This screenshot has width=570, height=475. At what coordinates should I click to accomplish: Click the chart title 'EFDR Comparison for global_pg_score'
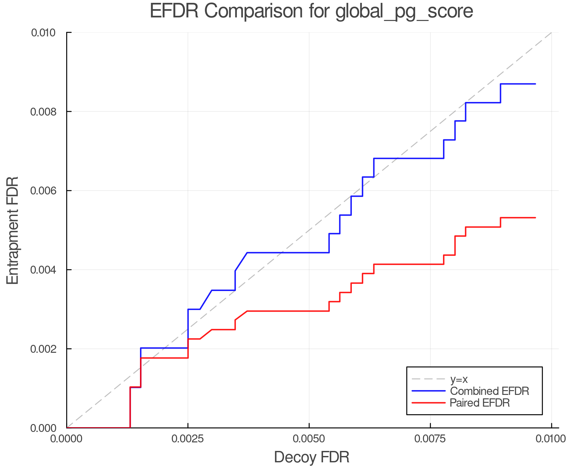click(311, 11)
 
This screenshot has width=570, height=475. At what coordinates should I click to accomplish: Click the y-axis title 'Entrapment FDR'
click(13, 230)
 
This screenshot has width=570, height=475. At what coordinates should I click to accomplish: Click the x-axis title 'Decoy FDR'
click(312, 457)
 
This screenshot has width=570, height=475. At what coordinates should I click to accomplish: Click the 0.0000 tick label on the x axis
click(67, 439)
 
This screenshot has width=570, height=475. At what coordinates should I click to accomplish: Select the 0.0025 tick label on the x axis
click(188, 439)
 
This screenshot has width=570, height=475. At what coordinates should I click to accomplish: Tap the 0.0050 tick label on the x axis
click(309, 439)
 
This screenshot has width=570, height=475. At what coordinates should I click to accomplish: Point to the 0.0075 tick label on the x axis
click(430, 439)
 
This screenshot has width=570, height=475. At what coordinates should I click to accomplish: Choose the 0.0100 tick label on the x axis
click(551, 439)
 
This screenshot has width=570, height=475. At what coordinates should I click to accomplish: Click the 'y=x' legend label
click(459, 379)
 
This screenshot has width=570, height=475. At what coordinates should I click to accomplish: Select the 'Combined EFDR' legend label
click(490, 391)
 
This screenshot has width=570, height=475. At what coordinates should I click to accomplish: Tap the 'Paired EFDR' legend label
click(480, 403)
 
